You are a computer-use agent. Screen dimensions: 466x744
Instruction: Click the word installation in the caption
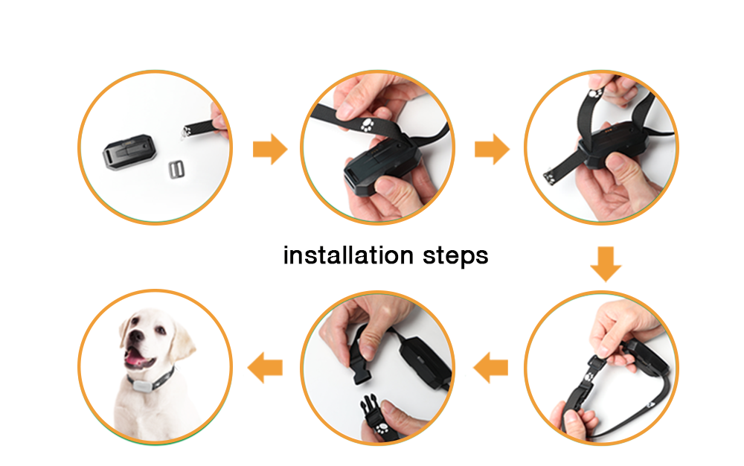point(348,255)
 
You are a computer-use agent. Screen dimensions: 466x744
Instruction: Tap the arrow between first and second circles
point(269,150)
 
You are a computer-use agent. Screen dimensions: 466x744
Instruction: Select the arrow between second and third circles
point(492,150)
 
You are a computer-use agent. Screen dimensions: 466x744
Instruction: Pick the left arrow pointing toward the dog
point(266,367)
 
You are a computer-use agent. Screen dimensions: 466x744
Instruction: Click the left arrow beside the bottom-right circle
point(490,367)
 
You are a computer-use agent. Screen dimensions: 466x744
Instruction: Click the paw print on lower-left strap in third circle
point(549,176)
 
